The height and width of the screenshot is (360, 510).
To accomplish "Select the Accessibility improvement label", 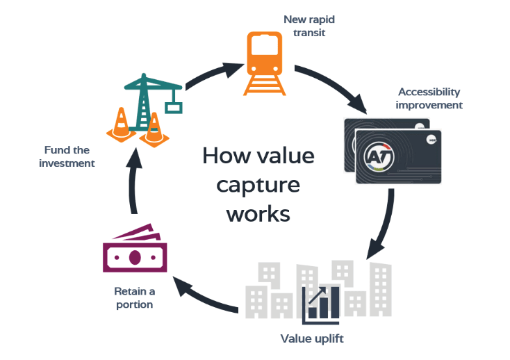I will point(430,99).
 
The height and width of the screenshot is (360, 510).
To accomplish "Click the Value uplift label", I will point(312,338).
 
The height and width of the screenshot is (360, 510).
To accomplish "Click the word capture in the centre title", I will point(258,185).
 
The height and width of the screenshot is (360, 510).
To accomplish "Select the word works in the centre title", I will point(258,213).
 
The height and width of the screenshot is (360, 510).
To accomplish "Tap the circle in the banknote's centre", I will point(134,257).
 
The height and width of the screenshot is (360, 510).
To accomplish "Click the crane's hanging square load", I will point(174,107).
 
